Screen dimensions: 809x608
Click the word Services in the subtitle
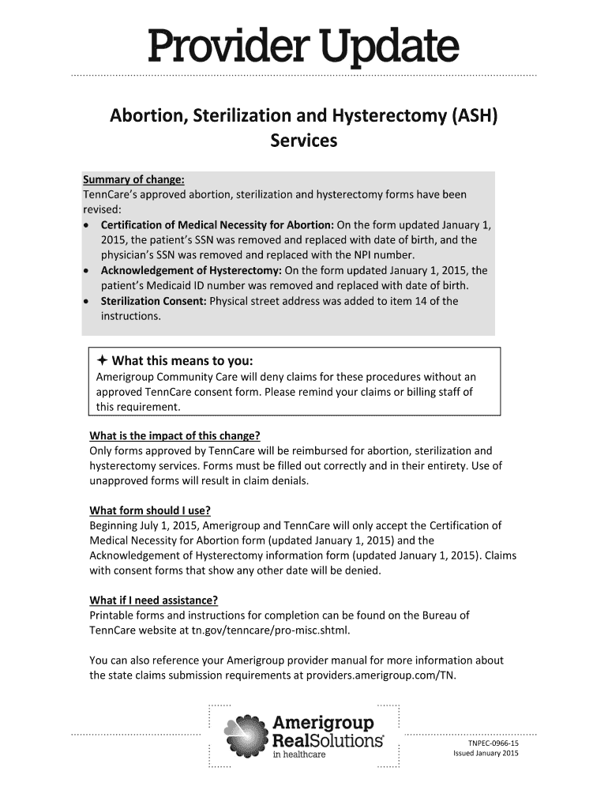303,141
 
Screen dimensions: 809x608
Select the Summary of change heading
133,179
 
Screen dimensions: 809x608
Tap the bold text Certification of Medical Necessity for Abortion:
217,224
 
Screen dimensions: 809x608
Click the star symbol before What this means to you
103,361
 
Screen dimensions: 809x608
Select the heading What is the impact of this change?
175,436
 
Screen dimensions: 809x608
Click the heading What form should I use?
150,510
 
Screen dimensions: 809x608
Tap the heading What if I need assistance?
153,600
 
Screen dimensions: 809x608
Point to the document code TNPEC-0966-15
493,743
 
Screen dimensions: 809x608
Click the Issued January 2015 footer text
486,754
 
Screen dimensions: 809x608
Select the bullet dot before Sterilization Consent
87,302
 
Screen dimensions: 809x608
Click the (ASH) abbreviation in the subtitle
473,117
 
